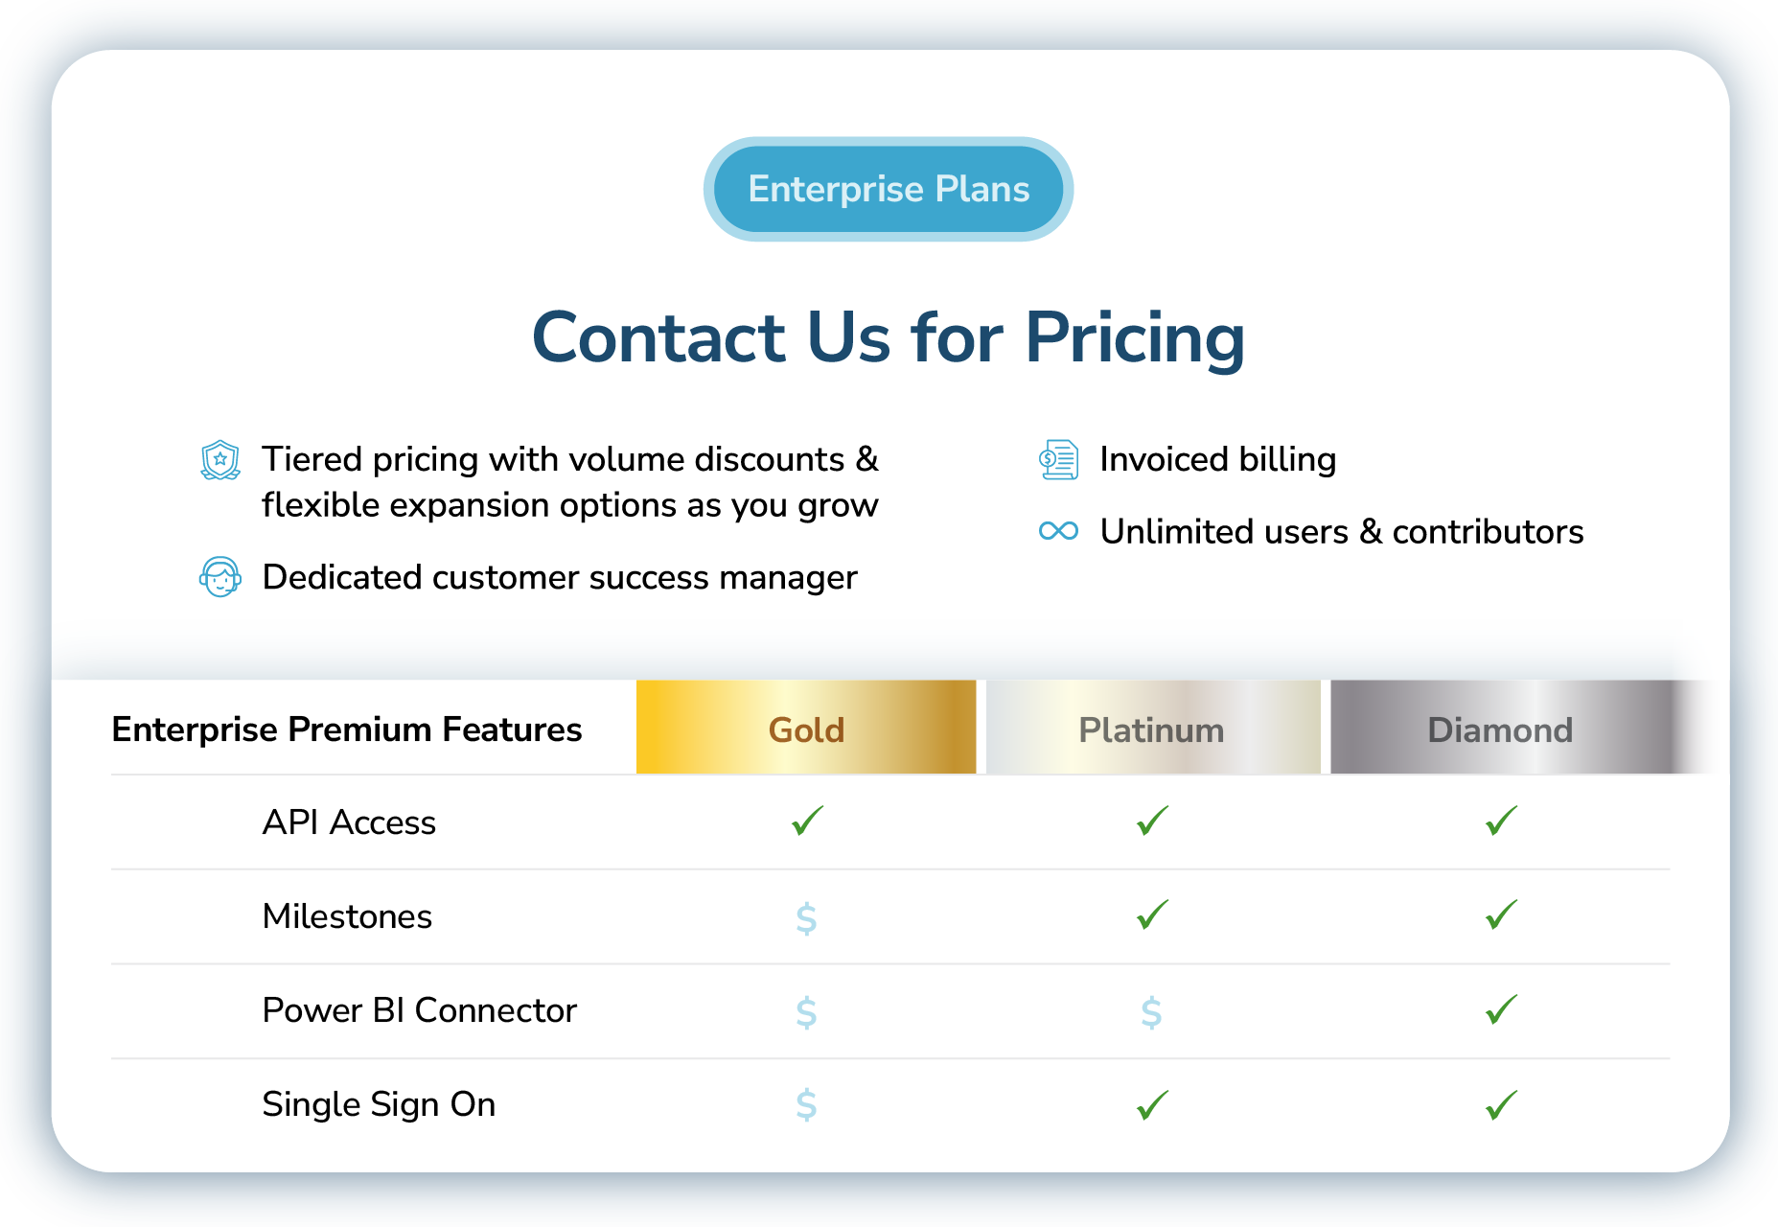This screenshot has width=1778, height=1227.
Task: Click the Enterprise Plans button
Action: point(889,189)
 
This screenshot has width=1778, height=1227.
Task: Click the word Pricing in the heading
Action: point(1135,338)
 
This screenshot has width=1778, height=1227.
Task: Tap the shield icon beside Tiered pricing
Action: point(220,460)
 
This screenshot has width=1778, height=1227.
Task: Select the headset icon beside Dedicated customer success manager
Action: point(220,577)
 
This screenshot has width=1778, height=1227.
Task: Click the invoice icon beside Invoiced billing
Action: point(1059,460)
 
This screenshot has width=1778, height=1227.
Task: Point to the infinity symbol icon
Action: point(1058,531)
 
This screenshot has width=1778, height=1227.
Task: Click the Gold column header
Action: point(806,729)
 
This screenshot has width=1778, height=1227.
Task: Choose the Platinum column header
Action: point(1151,729)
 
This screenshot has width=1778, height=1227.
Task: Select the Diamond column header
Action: point(1500,729)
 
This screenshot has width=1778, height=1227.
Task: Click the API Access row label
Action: point(349,822)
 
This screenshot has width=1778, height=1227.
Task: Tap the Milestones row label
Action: point(347,916)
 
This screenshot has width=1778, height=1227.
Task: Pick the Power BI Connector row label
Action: point(419,1010)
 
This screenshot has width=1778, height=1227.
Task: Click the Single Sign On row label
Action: point(379,1104)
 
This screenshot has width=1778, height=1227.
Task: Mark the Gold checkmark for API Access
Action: point(807,821)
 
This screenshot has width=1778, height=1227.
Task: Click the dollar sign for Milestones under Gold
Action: point(806,917)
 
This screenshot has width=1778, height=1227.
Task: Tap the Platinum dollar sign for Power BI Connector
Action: point(1151,1011)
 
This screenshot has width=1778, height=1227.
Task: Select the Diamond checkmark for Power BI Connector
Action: point(1501,1009)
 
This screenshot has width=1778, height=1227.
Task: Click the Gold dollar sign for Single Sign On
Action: point(806,1104)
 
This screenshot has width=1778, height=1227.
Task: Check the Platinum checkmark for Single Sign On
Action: point(1152,1104)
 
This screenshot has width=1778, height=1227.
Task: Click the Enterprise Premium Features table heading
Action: point(347,729)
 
